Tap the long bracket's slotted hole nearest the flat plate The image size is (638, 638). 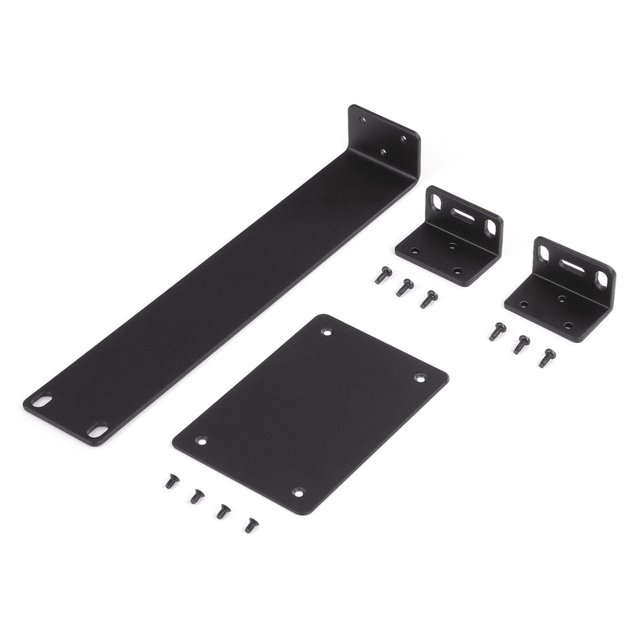click(97, 430)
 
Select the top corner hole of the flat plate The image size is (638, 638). click(326, 331)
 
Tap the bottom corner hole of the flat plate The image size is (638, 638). click(298, 492)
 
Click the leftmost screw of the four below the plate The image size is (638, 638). click(171, 481)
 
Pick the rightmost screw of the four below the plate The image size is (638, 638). click(251, 525)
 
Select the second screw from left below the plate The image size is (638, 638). click(196, 496)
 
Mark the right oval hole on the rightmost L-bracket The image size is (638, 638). click(601, 279)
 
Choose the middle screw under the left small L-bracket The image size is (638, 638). click(405, 286)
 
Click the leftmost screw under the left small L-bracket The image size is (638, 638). click(383, 275)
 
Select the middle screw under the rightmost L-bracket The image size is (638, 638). click(522, 344)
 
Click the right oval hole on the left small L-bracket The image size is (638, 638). click(491, 227)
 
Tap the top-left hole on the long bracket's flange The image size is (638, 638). click(364, 120)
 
